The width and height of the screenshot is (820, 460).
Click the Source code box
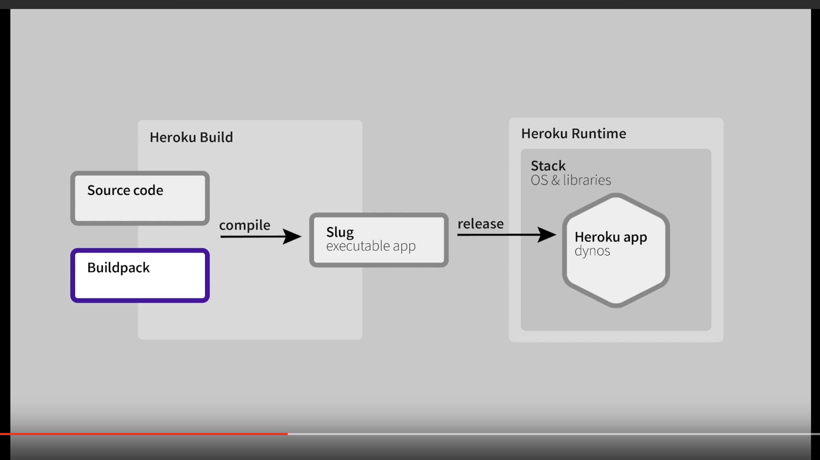(x=140, y=198)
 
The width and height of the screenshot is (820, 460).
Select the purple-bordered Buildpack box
(x=140, y=275)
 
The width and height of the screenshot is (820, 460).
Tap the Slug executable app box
(x=379, y=240)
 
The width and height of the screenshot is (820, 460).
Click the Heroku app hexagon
(x=616, y=250)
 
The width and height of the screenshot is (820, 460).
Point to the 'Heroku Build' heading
(x=191, y=137)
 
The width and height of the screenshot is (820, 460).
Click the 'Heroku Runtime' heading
(x=574, y=134)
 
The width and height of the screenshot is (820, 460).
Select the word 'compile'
(x=245, y=225)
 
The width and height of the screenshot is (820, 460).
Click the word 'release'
(x=480, y=224)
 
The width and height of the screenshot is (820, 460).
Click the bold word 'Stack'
(x=548, y=166)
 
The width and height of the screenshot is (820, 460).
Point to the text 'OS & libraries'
(x=571, y=180)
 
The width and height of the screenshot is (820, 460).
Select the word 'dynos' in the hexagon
(x=592, y=251)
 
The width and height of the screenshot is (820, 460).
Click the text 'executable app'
(x=371, y=246)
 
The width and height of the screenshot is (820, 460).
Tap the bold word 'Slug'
(x=340, y=232)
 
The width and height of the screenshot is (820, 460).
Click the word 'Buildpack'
(x=118, y=268)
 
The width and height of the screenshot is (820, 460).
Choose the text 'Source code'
(x=125, y=190)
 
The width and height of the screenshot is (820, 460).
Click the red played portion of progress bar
(x=144, y=434)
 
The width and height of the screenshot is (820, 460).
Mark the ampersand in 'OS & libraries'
(x=555, y=180)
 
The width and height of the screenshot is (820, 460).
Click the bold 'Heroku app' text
(x=611, y=237)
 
